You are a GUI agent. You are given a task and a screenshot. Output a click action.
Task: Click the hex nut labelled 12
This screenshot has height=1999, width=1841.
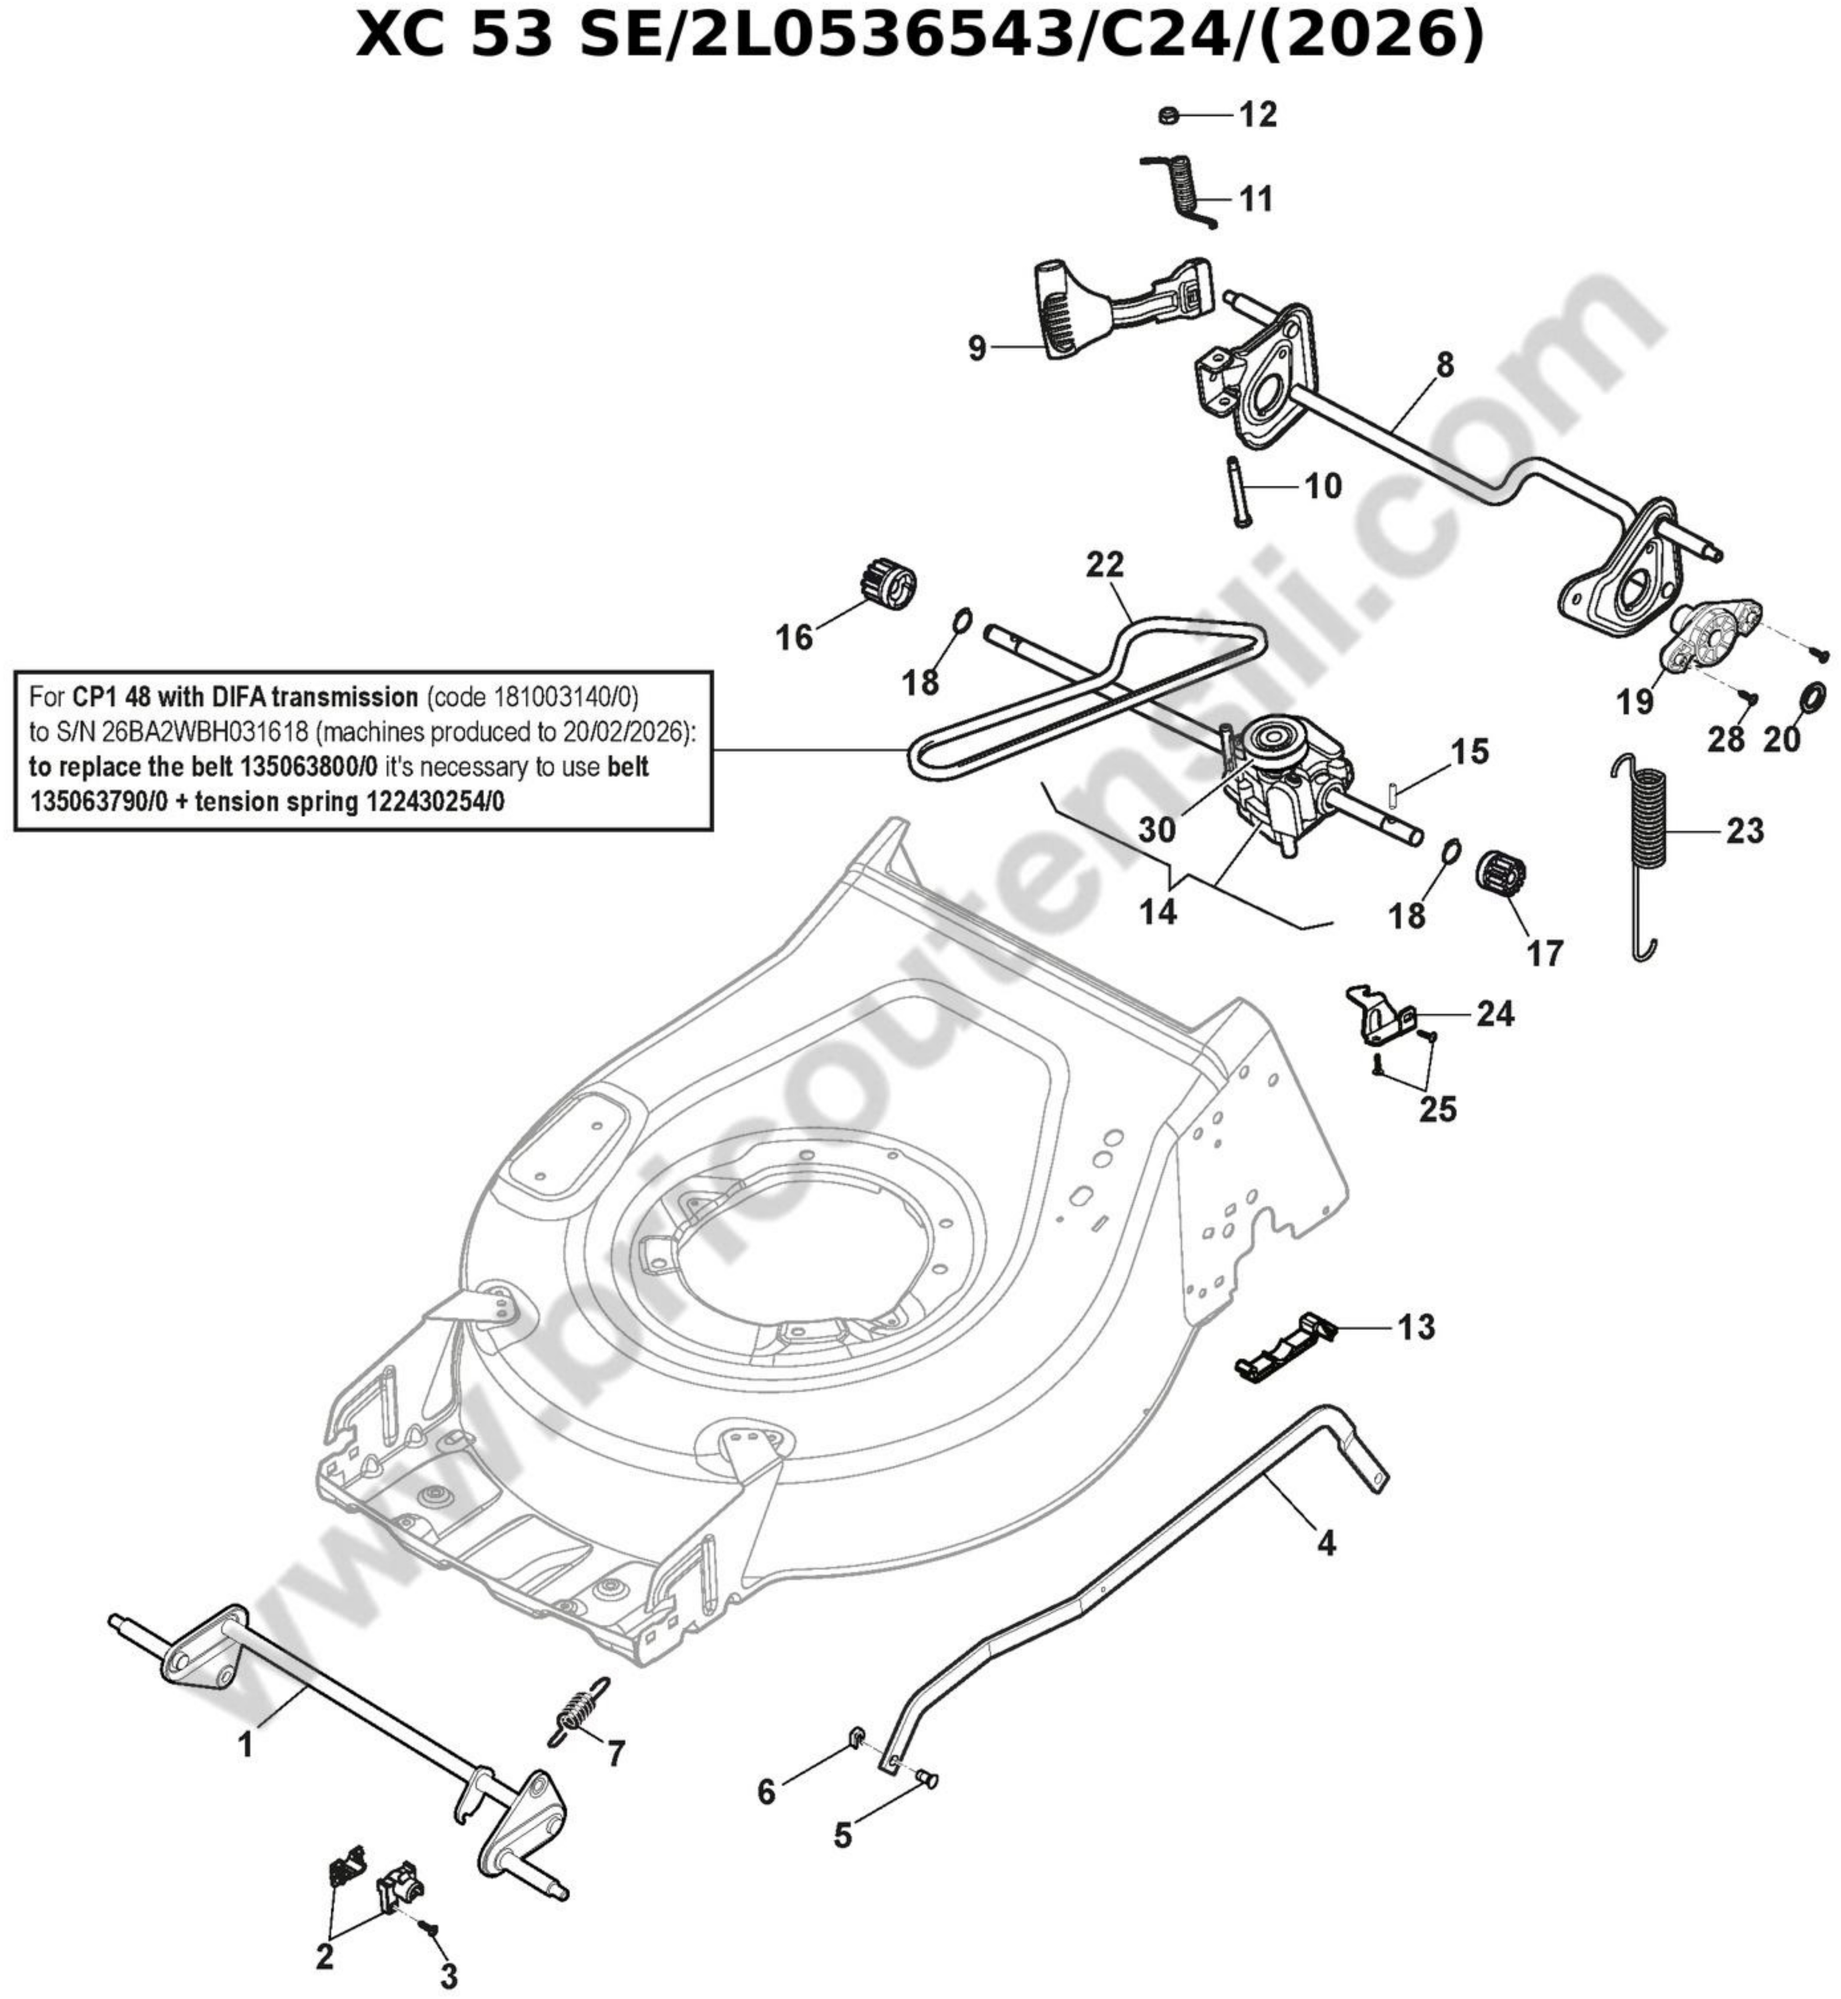(x=1170, y=116)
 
